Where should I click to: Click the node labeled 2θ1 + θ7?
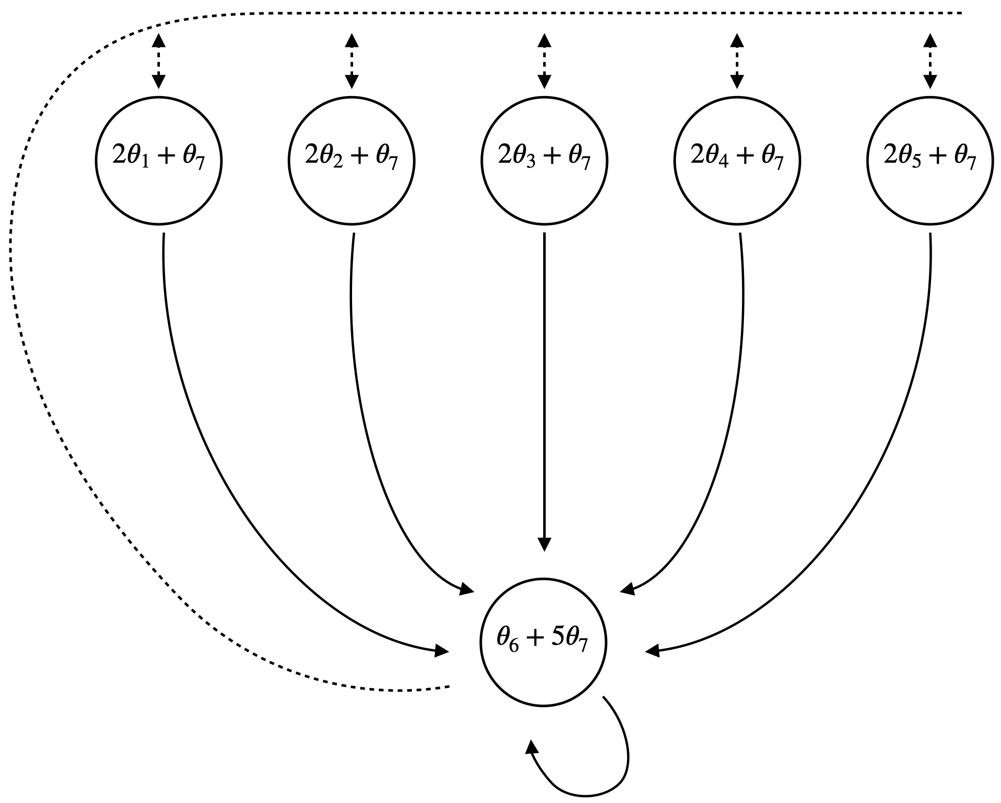point(158,161)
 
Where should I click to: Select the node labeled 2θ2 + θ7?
point(352,161)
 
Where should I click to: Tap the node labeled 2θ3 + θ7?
point(544,161)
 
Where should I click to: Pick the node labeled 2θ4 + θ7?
point(737,161)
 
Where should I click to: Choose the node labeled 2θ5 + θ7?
point(930,161)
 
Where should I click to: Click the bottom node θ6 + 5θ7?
point(543,642)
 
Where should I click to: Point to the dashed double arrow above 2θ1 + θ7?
point(158,61)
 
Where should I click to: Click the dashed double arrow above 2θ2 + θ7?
point(352,61)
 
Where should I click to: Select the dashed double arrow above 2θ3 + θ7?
point(544,61)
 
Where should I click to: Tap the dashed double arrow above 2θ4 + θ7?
point(737,61)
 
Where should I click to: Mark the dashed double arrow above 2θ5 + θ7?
point(930,61)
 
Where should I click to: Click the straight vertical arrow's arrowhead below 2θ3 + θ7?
point(544,544)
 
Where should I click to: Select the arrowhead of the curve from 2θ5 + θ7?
point(653,651)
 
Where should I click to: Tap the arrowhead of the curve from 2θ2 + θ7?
point(467,589)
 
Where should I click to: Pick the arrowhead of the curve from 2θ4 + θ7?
point(627,589)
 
